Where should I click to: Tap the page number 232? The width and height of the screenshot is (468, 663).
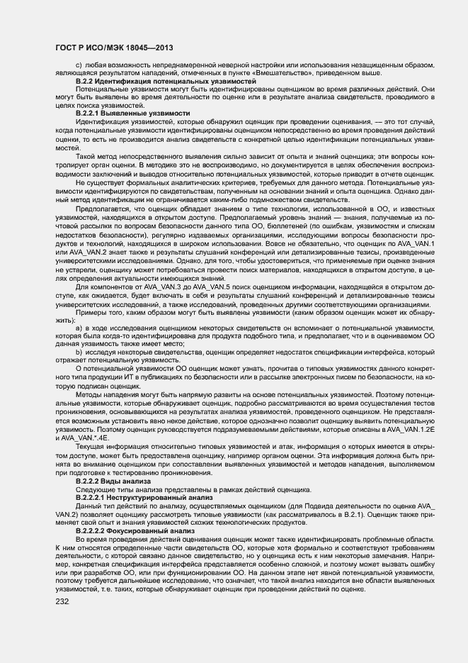63,602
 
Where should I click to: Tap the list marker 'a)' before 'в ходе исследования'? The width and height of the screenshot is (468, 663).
79,329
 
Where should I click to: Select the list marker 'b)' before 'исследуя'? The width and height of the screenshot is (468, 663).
79,352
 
